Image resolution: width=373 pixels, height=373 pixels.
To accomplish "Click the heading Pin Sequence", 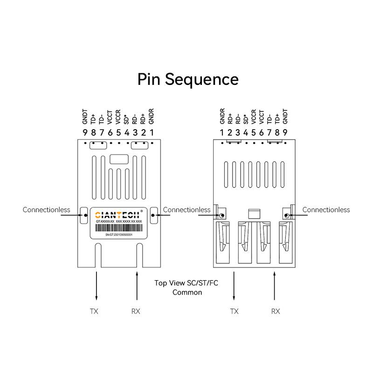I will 187,79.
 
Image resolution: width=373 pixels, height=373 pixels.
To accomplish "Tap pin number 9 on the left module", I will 85,133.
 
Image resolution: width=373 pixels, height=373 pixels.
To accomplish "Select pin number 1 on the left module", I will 152,133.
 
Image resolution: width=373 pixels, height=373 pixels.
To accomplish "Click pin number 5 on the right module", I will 253,133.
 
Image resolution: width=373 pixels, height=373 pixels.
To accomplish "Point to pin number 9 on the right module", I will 285,133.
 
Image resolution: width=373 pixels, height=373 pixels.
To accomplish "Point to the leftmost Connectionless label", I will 46,210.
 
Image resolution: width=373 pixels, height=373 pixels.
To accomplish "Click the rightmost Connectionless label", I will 326,210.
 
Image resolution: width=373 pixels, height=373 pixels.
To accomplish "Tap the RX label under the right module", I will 276,311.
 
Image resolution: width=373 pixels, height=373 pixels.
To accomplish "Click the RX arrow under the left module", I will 137,287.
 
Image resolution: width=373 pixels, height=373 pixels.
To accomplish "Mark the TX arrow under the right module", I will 234,287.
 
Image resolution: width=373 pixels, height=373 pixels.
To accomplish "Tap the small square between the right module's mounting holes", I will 254,214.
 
